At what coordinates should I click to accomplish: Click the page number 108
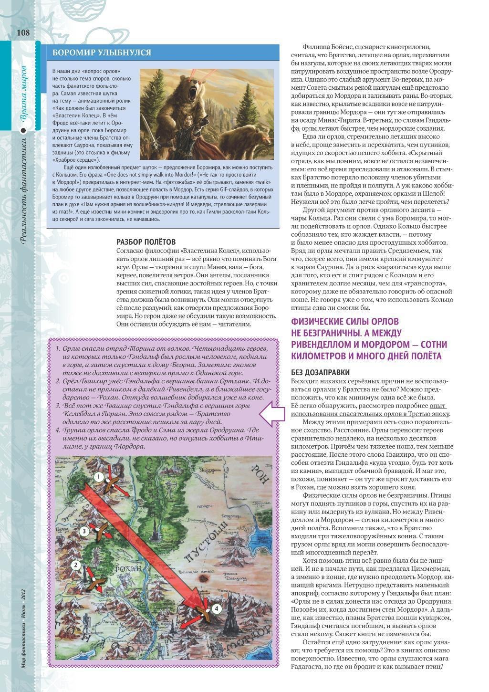pyautogui.click(x=23, y=33)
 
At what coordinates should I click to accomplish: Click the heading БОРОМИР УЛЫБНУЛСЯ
pyautogui.click(x=102, y=52)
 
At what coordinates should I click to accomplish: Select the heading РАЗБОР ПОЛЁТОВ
pyautogui.click(x=146, y=242)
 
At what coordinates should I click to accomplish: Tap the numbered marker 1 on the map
pyautogui.click(x=98, y=477)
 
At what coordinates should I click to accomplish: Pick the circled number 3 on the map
pyautogui.click(x=83, y=531)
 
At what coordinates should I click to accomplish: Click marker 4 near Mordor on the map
pyautogui.click(x=217, y=608)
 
